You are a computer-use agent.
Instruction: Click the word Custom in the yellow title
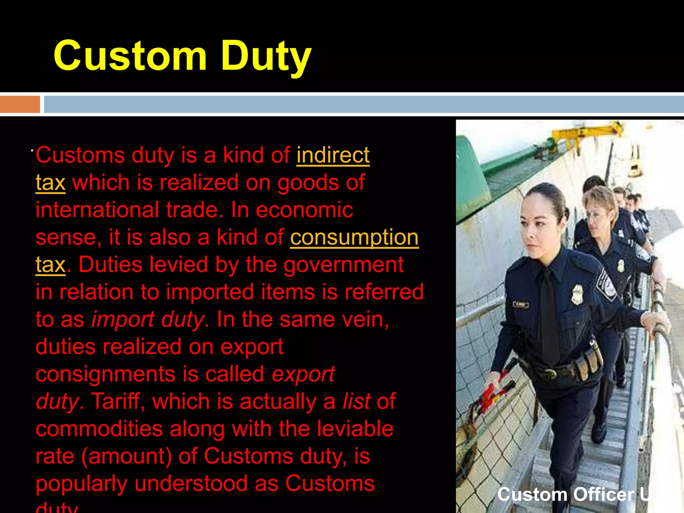tap(130, 56)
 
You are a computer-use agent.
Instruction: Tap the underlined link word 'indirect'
tap(333, 155)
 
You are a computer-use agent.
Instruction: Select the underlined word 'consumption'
tap(354, 237)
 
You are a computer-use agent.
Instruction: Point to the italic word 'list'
tap(356, 401)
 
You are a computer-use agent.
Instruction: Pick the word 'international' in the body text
tap(97, 210)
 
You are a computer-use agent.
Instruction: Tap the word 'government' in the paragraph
tap(344, 265)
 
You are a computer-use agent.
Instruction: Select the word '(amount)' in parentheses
tap(127, 456)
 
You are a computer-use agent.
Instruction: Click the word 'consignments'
tap(106, 374)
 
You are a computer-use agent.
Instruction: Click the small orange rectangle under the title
tap(20, 104)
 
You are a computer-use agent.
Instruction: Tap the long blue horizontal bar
tap(364, 104)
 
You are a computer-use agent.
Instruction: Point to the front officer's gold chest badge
tap(577, 294)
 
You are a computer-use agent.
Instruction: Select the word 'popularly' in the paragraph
tap(81, 484)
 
